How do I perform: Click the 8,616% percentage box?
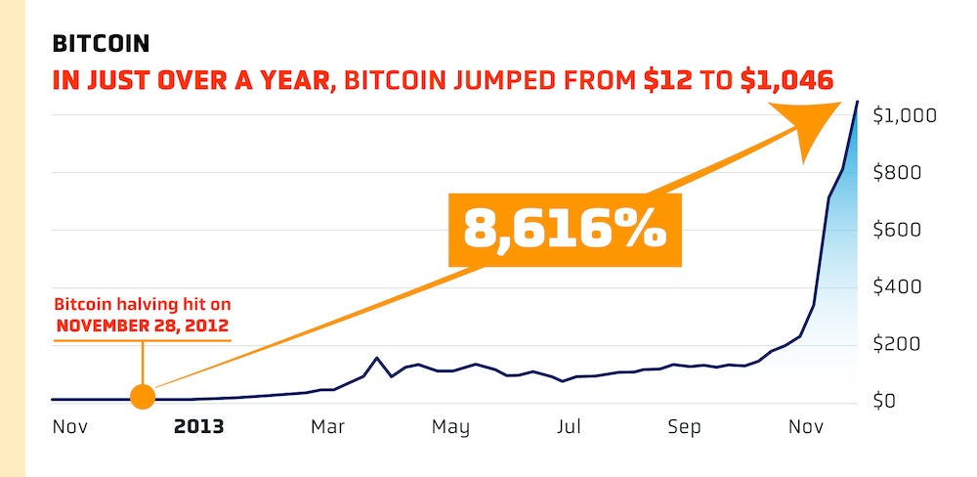coord(565,230)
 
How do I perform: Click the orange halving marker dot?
coord(143,397)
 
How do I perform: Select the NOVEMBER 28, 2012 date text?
coord(143,325)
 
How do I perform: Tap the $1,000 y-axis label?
coord(904,115)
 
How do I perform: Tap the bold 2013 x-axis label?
coord(198,427)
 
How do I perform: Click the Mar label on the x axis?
coord(328,427)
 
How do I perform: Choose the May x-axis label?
coord(450,427)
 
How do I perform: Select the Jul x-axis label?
coord(570,427)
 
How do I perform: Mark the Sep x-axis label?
coord(685,427)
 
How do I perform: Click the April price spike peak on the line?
coord(377,358)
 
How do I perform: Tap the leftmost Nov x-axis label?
coord(69,427)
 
